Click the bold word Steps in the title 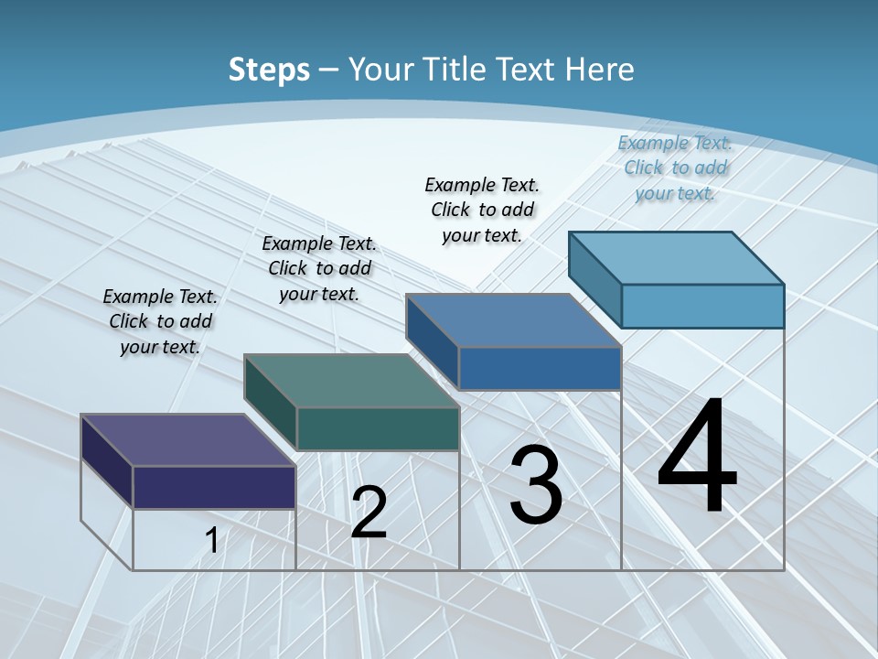click(269, 70)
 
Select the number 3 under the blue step click(536, 485)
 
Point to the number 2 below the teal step click(369, 513)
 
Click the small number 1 click(211, 540)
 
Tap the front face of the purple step click(214, 487)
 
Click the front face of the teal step click(378, 428)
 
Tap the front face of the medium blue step click(540, 368)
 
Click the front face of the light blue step click(702, 306)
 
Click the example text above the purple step click(160, 321)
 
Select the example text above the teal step click(319, 268)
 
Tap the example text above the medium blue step click(482, 210)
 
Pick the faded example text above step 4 click(675, 167)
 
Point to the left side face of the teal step click(271, 403)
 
